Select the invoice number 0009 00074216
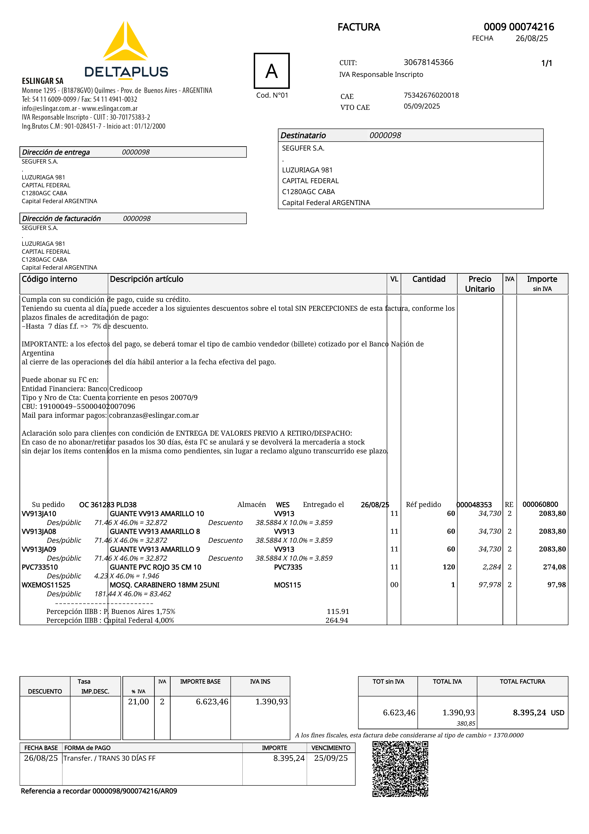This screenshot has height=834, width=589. [519, 27]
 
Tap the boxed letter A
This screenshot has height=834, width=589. [272, 71]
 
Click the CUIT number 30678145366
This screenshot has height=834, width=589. [429, 62]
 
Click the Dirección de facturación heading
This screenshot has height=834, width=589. [61, 218]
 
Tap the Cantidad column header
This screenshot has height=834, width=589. [429, 279]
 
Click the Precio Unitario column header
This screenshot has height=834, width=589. [480, 284]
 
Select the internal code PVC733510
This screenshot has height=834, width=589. [40, 567]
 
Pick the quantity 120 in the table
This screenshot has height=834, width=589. [449, 567]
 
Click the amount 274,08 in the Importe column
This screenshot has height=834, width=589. [554, 567]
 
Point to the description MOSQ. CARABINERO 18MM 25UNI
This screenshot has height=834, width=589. [165, 585]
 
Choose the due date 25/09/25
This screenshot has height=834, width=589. [331, 758]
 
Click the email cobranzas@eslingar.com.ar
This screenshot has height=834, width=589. [154, 415]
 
